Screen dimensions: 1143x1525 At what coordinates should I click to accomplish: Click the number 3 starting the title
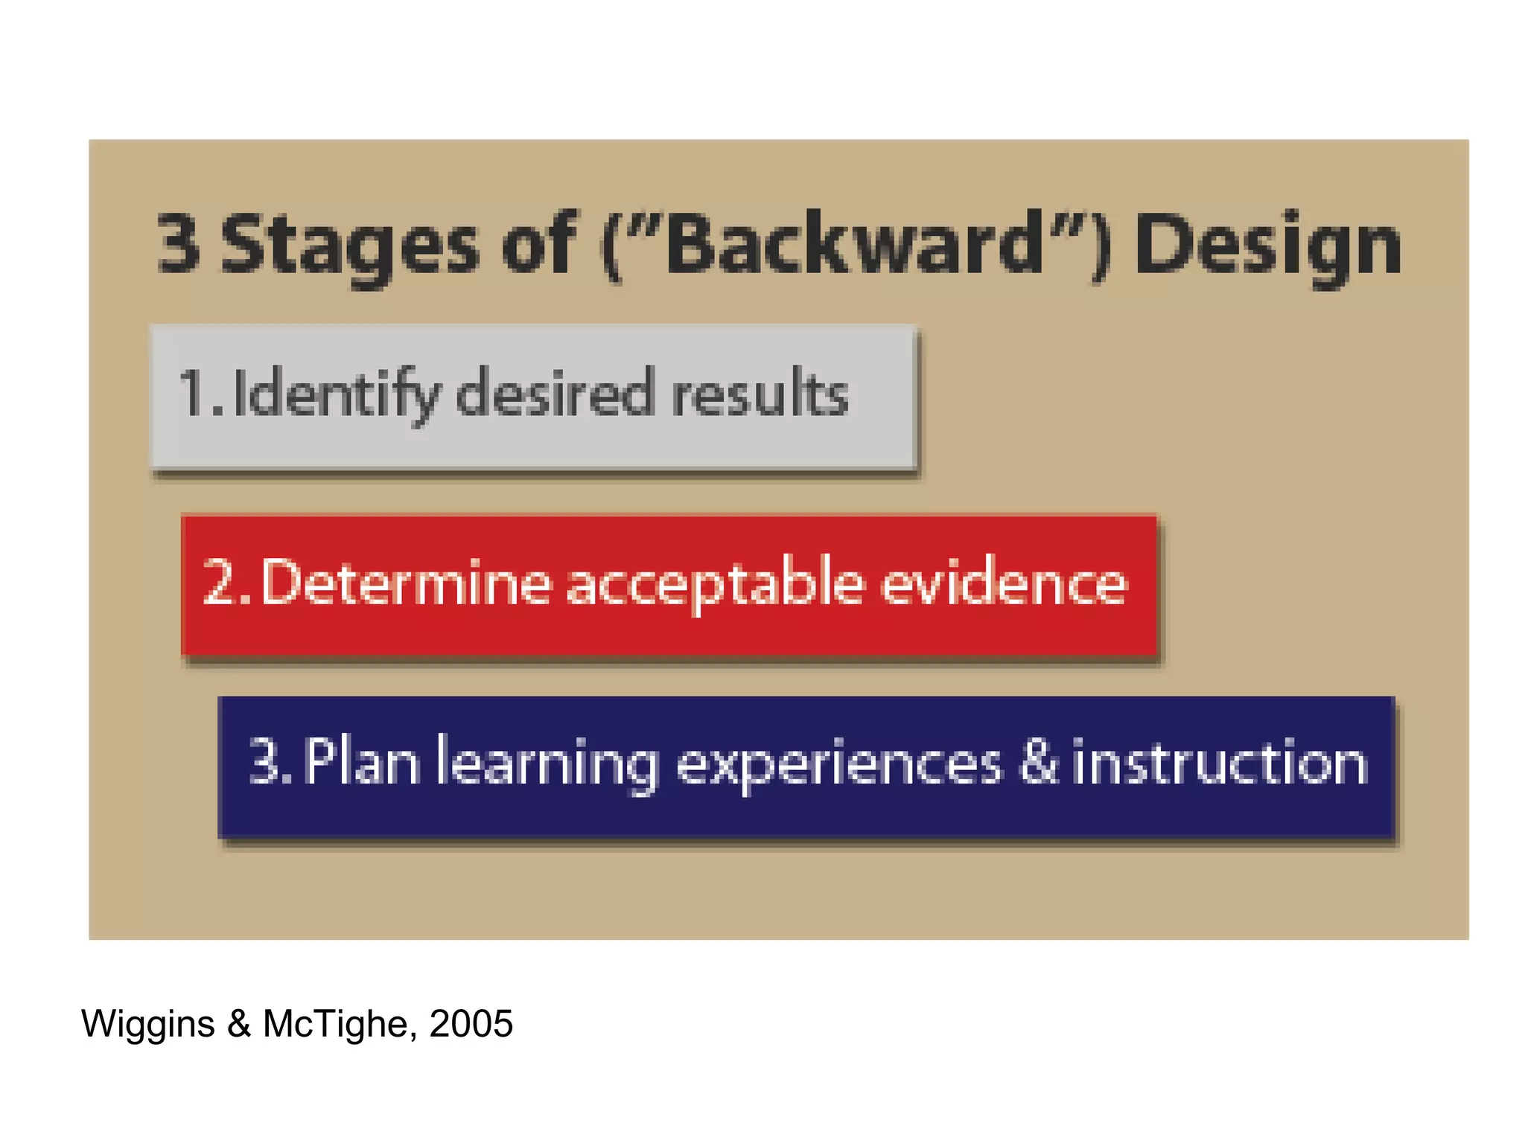pyautogui.click(x=179, y=243)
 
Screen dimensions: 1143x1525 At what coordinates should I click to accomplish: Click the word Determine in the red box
pyautogui.click(x=407, y=583)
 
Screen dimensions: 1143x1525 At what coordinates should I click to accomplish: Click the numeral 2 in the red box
pyautogui.click(x=220, y=583)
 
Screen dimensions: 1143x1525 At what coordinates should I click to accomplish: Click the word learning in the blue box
pyautogui.click(x=547, y=763)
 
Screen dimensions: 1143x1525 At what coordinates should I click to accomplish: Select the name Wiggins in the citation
pyautogui.click(x=148, y=1025)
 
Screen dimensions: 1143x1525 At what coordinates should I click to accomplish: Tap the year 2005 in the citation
pyautogui.click(x=471, y=1024)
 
